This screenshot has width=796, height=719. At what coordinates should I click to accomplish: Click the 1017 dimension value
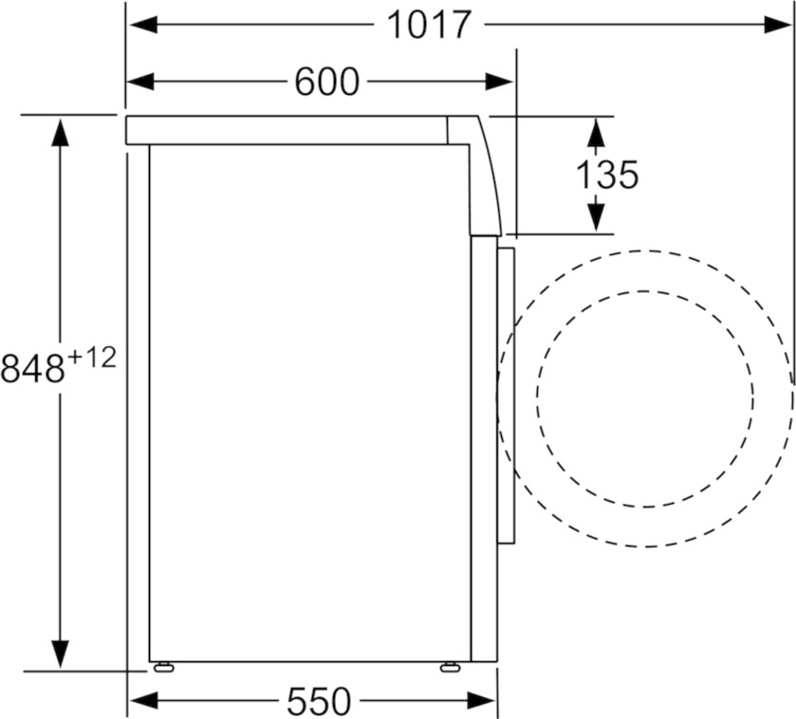[x=430, y=25]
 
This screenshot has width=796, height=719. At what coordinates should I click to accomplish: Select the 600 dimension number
[x=327, y=82]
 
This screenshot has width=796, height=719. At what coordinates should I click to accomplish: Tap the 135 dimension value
[x=606, y=175]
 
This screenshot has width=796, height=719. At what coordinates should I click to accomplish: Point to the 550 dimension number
[x=319, y=701]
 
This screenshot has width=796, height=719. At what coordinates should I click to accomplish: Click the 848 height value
[x=33, y=368]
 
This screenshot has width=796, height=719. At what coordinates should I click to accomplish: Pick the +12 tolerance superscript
[x=92, y=359]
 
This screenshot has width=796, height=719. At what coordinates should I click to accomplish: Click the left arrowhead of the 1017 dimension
[x=143, y=25]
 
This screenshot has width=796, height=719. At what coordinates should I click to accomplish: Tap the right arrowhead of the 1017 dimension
[x=778, y=25]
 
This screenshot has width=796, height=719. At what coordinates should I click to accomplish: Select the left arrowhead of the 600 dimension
[x=140, y=82]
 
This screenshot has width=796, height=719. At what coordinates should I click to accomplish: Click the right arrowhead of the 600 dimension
[x=499, y=82]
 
